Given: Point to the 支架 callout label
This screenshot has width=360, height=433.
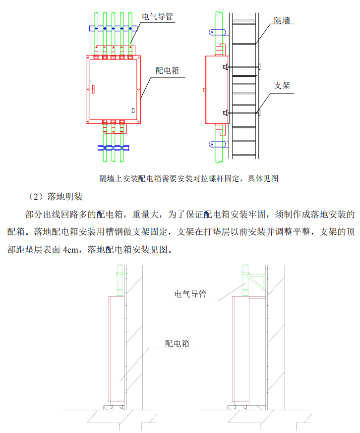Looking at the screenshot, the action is pos(282,85).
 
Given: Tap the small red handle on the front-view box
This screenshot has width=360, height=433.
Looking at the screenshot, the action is pos(92,89).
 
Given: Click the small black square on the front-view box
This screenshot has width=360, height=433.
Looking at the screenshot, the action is pos(132,110).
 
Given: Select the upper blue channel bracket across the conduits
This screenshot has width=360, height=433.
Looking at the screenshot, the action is pos(113,29).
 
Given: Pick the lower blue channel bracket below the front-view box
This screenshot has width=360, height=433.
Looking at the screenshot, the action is pos(113,148).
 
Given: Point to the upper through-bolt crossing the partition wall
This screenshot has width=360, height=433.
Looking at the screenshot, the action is pos(242,66).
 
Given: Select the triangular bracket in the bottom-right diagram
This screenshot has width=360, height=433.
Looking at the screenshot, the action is pos(258,282).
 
